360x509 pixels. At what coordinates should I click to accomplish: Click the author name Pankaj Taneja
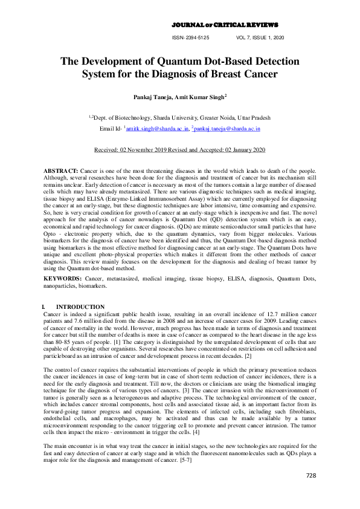(x=154, y=96)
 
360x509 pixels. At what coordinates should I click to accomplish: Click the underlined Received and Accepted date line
(x=180, y=149)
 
